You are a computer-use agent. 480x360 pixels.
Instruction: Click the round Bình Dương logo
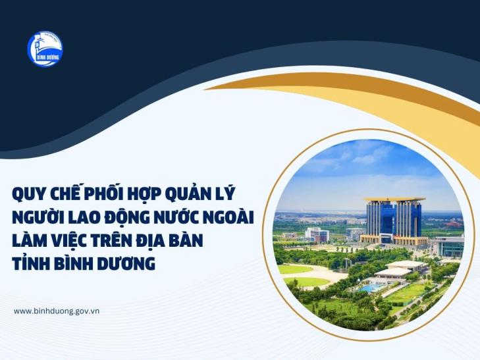45,49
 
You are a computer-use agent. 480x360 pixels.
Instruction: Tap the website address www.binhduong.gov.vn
57,311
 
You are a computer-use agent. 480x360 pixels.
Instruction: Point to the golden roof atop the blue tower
394,199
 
